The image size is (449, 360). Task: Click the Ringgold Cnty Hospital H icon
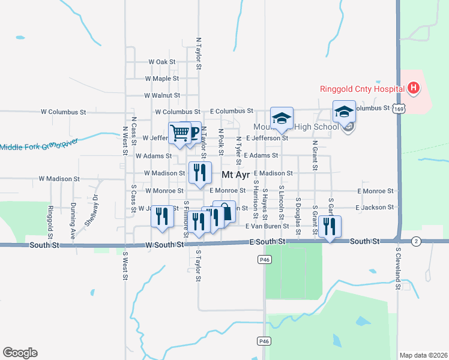413,89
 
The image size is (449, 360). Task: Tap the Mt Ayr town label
235,175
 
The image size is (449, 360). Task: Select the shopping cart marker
179,133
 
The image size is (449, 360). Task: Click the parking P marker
192,132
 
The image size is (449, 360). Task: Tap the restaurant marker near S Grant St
330,226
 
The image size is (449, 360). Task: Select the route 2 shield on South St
415,241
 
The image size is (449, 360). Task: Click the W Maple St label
161,79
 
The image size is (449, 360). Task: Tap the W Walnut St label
162,95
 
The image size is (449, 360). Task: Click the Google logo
20,353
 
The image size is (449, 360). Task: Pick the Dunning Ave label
73,221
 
